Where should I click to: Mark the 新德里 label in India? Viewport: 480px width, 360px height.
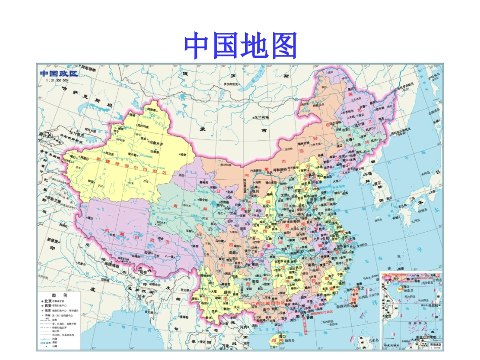(x=53, y=240)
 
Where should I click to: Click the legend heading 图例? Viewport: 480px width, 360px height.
(x=60, y=295)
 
